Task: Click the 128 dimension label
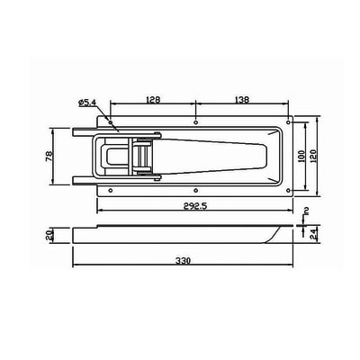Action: tap(153, 99)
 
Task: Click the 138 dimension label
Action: tap(242, 99)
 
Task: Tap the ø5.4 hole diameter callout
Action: tap(86, 103)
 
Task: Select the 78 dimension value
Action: tap(49, 157)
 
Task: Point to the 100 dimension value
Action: tap(301, 156)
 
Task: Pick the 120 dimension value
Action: tap(314, 156)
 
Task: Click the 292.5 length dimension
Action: tap(195, 206)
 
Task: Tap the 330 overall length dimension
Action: tap(183, 261)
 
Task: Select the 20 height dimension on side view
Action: tap(49, 235)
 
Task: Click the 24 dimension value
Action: tap(314, 234)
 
